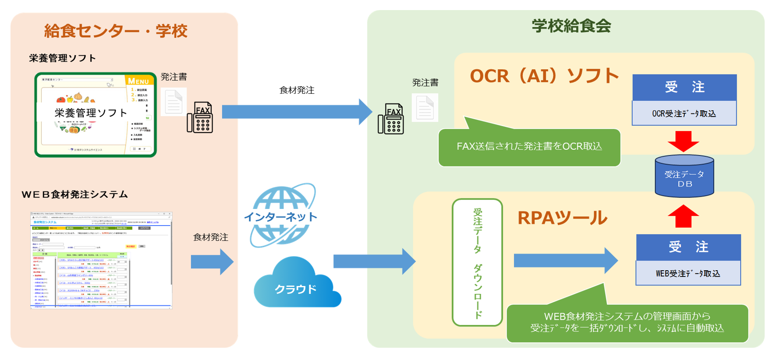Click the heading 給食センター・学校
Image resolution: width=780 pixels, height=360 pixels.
pos(116,31)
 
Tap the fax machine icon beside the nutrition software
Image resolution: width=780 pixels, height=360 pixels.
pos(200,117)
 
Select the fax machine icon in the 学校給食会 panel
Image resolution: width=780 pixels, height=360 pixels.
pos(391,119)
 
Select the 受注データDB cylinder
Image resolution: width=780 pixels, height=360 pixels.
pos(684,176)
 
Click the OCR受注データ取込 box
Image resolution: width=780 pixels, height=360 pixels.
pos(684,113)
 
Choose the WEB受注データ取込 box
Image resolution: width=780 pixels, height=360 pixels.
pos(688,273)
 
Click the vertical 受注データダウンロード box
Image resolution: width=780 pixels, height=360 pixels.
pos(477,262)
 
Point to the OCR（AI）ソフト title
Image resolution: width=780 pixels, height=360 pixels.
pos(544,76)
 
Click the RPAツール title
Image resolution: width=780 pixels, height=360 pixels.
pos(562,218)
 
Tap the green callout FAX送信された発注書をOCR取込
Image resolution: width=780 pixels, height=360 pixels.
pos(529,147)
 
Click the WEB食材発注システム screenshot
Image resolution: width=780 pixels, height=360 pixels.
pos(101,261)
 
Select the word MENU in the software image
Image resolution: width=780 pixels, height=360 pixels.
pos(138,81)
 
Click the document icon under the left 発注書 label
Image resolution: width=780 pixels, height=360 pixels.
pos(174,102)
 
